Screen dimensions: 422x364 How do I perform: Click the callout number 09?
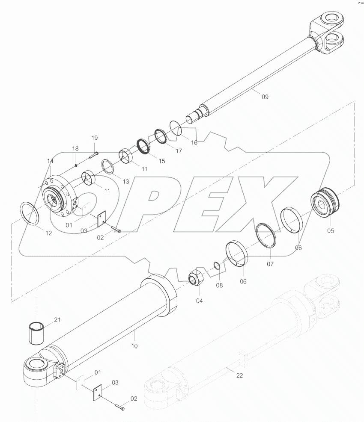point(265,97)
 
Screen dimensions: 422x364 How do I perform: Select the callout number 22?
point(239,375)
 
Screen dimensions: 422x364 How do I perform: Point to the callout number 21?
point(58,319)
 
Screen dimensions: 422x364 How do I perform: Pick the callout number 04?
point(200,301)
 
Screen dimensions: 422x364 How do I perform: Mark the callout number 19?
point(95,138)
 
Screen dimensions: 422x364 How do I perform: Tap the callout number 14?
point(51,161)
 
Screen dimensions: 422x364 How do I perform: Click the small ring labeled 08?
point(218,266)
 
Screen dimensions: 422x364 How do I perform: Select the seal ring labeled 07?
point(266,234)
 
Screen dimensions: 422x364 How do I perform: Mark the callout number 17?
point(179,151)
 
